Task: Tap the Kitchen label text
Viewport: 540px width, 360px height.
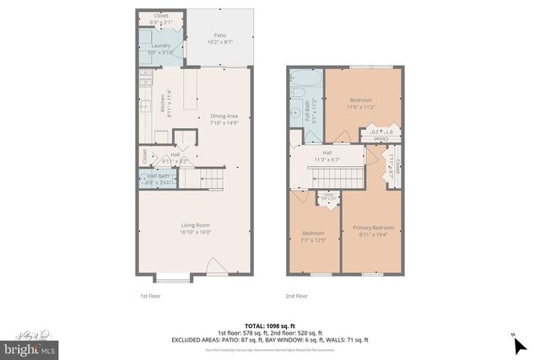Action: (x=163, y=103)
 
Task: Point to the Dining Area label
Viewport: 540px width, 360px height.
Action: (x=223, y=117)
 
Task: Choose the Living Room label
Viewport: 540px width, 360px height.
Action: (x=195, y=225)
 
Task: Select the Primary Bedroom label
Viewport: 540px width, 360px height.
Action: (x=373, y=228)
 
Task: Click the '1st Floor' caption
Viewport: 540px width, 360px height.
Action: (x=151, y=296)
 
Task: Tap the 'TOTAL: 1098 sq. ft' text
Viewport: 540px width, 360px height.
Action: (x=269, y=325)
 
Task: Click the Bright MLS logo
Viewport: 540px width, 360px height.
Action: (x=30, y=347)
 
